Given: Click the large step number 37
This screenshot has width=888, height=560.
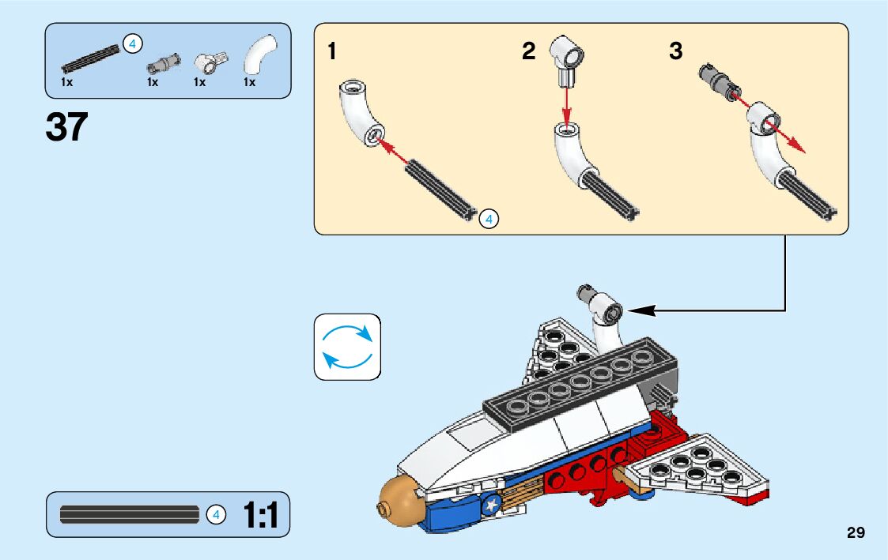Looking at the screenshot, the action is point(66,127).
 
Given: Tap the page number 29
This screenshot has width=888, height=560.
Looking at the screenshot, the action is point(856,532).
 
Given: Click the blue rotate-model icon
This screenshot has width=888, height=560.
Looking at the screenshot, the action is point(347,347).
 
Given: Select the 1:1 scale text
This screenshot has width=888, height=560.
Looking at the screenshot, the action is point(260,516).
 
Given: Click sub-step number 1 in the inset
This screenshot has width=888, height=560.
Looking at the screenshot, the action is point(332,52).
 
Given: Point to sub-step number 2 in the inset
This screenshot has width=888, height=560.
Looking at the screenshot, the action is point(528,52).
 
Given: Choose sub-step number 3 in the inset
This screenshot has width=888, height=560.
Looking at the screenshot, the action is point(675,52).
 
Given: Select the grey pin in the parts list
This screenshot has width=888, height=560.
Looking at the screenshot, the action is point(166,61).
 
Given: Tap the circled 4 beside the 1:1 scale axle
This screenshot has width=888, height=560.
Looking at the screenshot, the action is point(216,515).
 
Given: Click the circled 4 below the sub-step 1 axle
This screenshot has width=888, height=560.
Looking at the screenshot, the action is point(489,219).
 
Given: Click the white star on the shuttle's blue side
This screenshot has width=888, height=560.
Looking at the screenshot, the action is point(492,502).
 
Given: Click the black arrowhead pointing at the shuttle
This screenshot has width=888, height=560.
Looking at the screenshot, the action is point(642,311).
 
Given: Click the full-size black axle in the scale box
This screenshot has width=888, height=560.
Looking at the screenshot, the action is point(130,515).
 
